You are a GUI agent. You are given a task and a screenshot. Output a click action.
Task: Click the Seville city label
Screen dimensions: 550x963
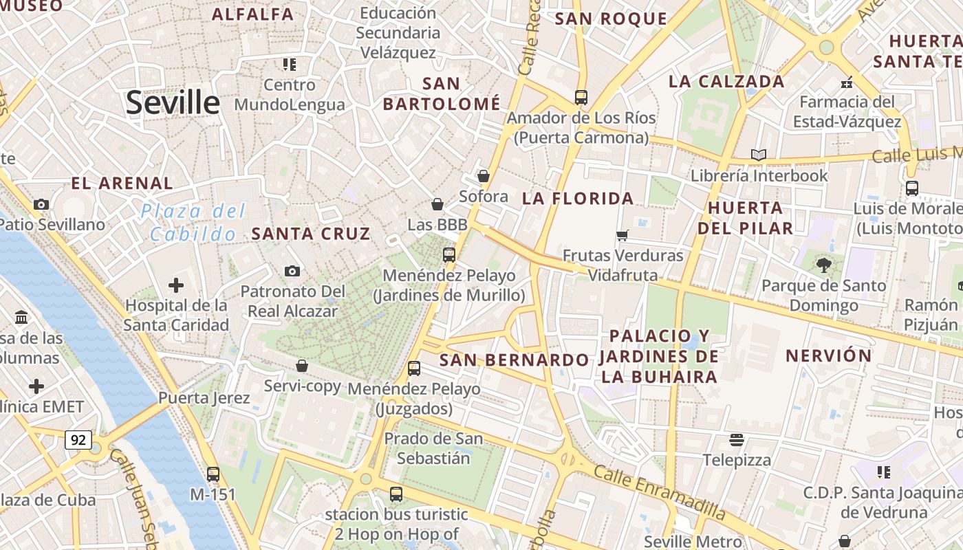coord(173,103)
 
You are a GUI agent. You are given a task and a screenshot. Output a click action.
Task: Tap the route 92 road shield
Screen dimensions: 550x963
coord(78,439)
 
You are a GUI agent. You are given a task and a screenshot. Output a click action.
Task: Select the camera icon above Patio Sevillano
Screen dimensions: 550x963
coord(41,204)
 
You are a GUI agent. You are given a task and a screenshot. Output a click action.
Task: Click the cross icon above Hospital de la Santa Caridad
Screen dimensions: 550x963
coord(176,285)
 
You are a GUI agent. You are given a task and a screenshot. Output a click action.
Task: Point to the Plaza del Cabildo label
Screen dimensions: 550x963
coord(193,222)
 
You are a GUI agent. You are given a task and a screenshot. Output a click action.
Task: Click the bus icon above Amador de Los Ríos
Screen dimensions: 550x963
coord(581,98)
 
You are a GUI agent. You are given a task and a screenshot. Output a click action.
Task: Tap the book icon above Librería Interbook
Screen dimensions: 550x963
coord(759,155)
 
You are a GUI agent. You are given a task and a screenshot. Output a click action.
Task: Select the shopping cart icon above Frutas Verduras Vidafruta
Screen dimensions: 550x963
coord(623,236)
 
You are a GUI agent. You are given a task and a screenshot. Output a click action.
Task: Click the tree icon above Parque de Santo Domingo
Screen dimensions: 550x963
coord(823,265)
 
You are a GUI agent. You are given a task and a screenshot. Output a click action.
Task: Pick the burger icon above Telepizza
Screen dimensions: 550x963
coord(737,439)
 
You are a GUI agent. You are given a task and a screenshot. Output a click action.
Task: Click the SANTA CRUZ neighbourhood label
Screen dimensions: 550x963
coord(311,234)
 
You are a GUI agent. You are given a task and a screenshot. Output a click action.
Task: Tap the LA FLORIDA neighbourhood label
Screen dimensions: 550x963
coord(578,199)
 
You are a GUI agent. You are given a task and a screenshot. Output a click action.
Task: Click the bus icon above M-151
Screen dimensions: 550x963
coord(213,474)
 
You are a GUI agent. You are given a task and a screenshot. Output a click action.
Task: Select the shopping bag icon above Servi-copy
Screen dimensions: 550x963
coord(302,366)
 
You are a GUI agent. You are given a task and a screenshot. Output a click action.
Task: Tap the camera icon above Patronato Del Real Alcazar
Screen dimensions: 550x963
coord(292,271)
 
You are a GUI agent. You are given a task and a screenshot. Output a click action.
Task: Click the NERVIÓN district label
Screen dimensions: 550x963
coord(829,355)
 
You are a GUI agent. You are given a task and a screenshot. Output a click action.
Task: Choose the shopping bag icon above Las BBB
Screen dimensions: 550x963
coord(437,204)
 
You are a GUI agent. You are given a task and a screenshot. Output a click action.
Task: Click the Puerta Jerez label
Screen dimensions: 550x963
coord(204,397)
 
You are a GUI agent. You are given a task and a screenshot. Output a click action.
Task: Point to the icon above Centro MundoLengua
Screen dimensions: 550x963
coord(290,65)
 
